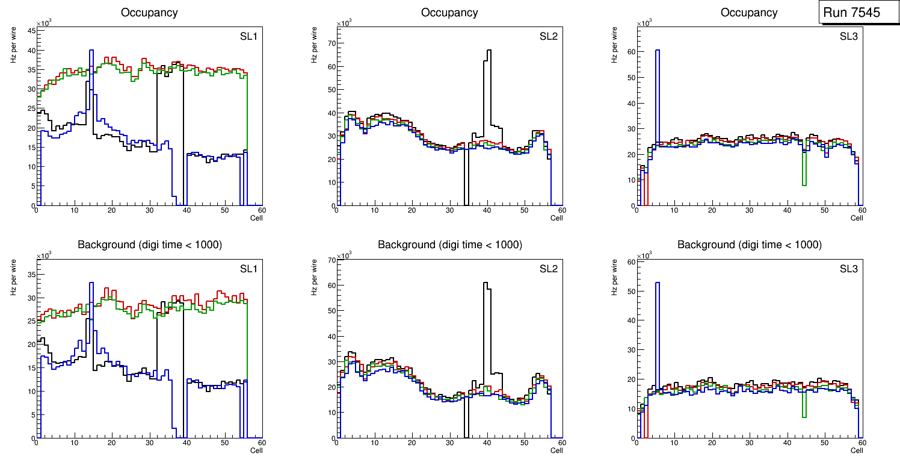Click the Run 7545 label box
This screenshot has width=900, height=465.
click(855, 13)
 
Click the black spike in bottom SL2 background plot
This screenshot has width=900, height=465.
click(486, 313)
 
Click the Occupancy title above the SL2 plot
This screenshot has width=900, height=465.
click(449, 13)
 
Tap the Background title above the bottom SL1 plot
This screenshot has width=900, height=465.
click(149, 245)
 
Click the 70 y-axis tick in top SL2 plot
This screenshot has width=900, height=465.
click(331, 44)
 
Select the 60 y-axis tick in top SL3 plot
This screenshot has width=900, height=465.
click(631, 52)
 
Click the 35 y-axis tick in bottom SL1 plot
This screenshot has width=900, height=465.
click(31, 274)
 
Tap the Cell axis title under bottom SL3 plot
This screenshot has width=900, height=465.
click(857, 451)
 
